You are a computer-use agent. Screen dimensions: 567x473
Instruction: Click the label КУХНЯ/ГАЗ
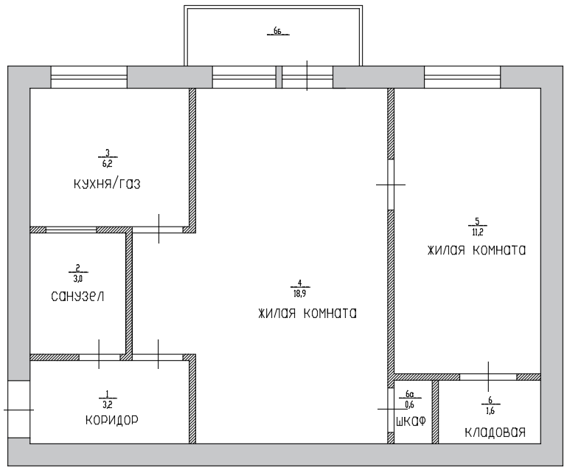(x=107, y=184)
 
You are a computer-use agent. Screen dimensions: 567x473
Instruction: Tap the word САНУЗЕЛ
(x=77, y=297)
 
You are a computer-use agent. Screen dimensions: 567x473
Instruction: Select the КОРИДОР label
(x=112, y=420)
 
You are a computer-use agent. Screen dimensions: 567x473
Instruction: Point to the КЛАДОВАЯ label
(x=495, y=432)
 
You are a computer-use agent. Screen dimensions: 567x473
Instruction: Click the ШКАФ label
(x=411, y=421)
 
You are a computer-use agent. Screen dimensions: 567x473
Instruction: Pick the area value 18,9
(x=300, y=294)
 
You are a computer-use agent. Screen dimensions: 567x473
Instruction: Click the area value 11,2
(x=477, y=232)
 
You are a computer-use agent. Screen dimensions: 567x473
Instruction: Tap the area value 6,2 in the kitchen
(x=108, y=164)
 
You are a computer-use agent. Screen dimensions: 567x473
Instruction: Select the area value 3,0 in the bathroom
(x=77, y=278)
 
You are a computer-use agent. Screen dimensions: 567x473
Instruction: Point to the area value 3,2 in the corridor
(x=108, y=404)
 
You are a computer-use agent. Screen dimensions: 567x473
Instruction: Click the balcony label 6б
(x=278, y=31)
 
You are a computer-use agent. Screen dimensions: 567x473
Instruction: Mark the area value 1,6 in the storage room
(x=490, y=411)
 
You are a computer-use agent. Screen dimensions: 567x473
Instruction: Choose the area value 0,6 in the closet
(x=410, y=404)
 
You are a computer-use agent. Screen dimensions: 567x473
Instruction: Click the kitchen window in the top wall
(x=89, y=77)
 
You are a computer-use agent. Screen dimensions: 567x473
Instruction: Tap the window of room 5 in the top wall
(x=462, y=77)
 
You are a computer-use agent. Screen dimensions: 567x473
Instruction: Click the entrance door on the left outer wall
(x=19, y=410)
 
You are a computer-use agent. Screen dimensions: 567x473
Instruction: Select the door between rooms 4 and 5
(x=391, y=184)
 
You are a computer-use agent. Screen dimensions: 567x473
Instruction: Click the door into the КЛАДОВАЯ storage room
(x=488, y=377)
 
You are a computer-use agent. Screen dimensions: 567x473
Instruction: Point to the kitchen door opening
(x=158, y=229)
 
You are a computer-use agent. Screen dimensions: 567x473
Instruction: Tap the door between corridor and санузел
(x=100, y=357)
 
